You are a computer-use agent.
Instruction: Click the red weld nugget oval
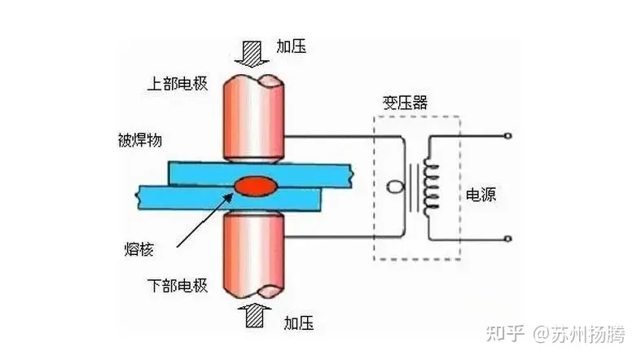[257, 186]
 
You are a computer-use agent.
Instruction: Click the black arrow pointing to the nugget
[204, 219]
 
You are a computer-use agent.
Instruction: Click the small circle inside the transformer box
[393, 187]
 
